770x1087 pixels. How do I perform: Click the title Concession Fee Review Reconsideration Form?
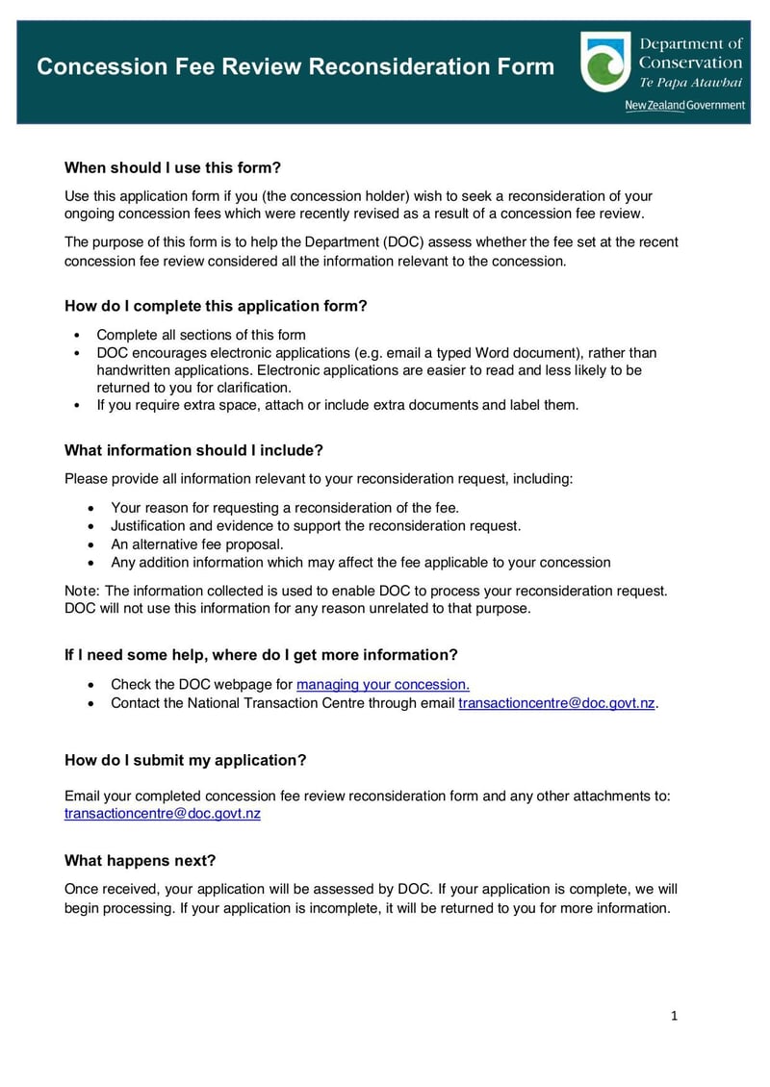(x=295, y=67)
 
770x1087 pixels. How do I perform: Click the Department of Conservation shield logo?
(x=605, y=63)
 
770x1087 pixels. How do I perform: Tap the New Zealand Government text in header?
(x=684, y=105)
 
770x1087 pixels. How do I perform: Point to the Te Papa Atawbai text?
(x=690, y=83)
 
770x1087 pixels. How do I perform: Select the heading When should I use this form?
(x=172, y=167)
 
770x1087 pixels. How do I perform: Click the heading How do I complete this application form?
(x=216, y=306)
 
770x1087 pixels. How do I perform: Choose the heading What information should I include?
(x=192, y=450)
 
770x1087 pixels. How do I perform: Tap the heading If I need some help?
(x=261, y=655)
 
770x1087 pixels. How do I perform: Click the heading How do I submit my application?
(x=185, y=760)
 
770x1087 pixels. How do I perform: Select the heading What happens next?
(x=140, y=860)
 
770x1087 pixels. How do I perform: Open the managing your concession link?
(x=382, y=685)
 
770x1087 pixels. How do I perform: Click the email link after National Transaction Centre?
(x=556, y=703)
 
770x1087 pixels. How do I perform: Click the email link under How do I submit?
(x=162, y=814)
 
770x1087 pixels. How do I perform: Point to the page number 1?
(x=674, y=1016)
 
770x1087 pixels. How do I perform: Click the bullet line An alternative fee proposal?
(x=196, y=544)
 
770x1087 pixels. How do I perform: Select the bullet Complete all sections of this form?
(x=200, y=335)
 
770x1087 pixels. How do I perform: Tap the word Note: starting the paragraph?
(x=82, y=591)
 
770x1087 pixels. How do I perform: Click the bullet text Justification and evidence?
(x=315, y=526)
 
